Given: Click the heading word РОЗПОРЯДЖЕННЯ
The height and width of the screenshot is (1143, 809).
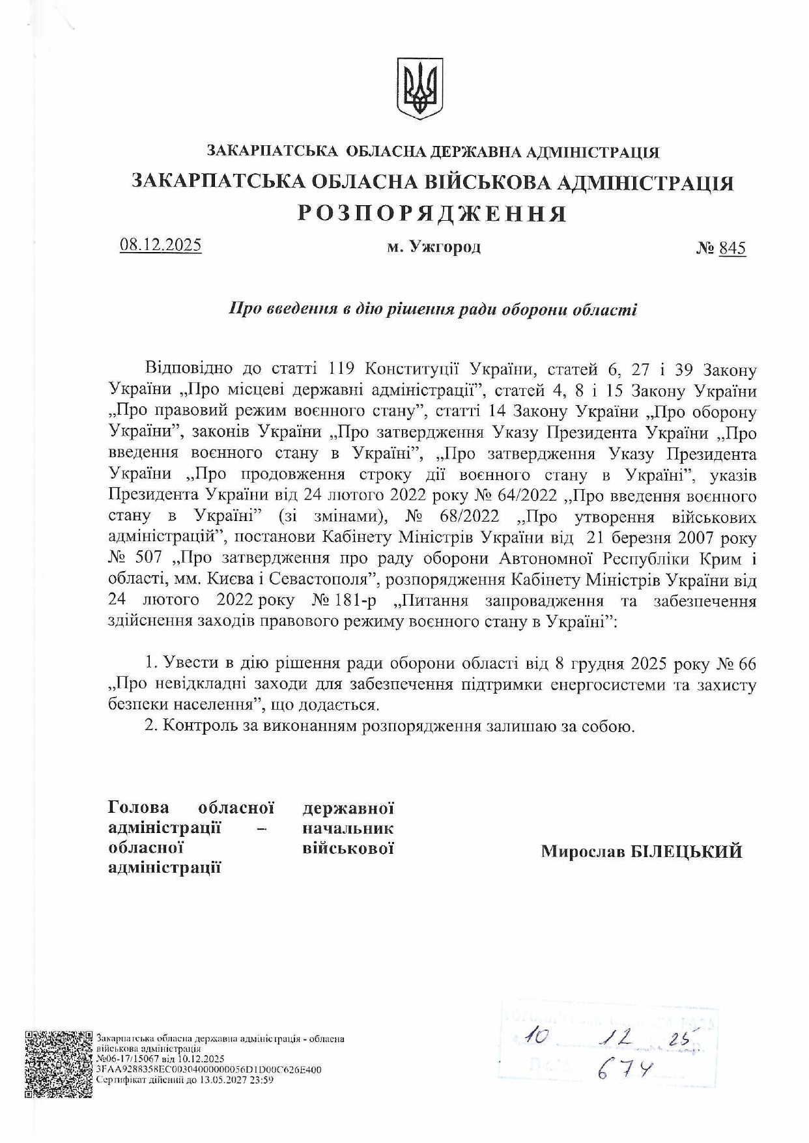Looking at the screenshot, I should click(x=433, y=214).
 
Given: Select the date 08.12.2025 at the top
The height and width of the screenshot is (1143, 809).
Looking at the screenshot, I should click(x=161, y=245).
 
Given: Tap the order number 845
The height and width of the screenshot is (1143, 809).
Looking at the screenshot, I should click(x=732, y=248).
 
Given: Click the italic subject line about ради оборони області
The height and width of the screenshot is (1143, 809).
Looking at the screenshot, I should click(x=433, y=309).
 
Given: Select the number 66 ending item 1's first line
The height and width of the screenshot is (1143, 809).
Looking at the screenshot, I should click(x=746, y=664).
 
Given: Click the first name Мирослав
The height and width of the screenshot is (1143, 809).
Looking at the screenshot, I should click(x=583, y=851).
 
